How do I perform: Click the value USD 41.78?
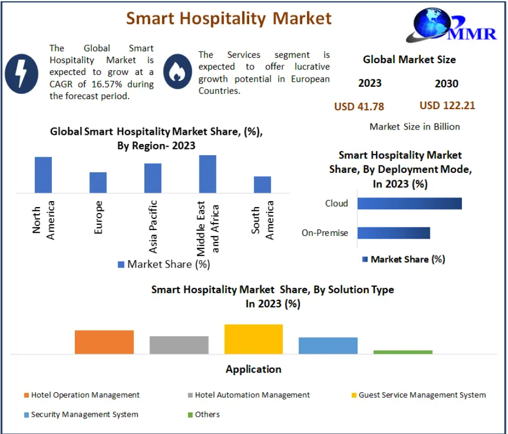tap(359, 106)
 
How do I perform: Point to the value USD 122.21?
tap(447, 105)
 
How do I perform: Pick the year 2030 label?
tap(447, 83)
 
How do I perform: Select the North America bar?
tap(43, 174)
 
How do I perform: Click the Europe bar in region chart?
tap(98, 182)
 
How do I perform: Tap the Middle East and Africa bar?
tap(207, 173)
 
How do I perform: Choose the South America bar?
tap(263, 184)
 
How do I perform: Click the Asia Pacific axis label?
tap(153, 226)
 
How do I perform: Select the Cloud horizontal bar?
tap(409, 203)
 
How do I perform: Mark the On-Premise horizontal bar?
tap(394, 233)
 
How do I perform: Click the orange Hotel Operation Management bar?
tap(104, 342)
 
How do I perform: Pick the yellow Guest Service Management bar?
tap(253, 339)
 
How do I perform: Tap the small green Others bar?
tap(403, 352)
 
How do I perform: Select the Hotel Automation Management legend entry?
tap(252, 395)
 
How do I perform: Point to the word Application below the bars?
tap(253, 369)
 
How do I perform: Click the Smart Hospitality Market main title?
tap(229, 18)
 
